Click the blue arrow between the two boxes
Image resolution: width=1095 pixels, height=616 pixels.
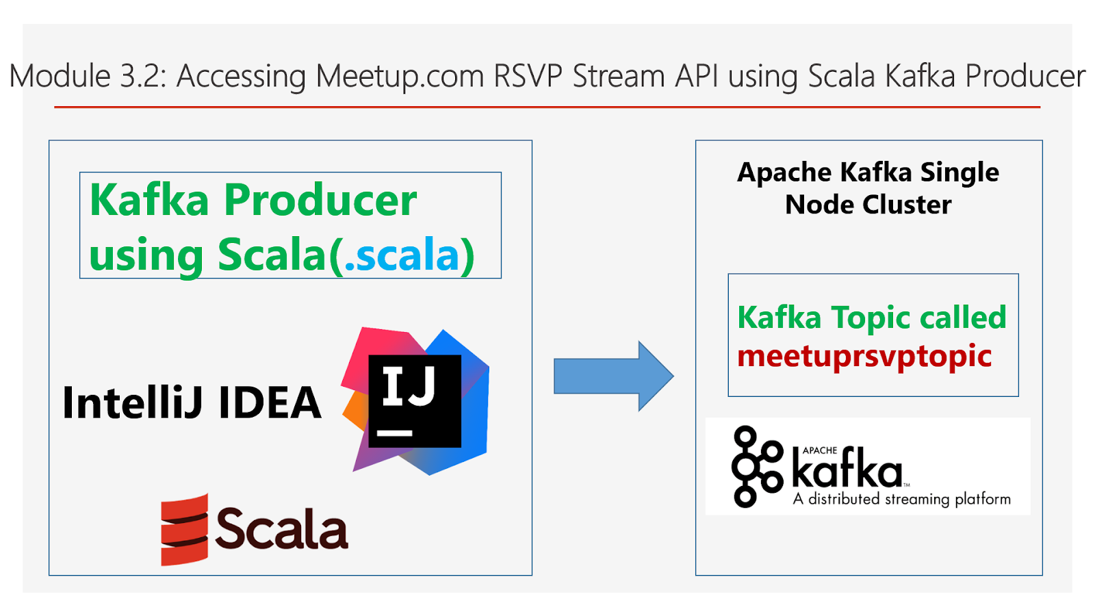[613, 376]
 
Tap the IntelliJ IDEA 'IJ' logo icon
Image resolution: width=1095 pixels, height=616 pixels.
[415, 401]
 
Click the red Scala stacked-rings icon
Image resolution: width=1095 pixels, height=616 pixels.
[184, 530]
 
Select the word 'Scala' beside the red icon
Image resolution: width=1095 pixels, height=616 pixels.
[281, 529]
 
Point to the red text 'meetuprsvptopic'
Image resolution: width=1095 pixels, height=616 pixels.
[864, 356]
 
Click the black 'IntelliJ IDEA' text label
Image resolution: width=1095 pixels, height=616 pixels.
[192, 402]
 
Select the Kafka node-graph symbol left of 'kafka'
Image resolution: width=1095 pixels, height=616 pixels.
[756, 466]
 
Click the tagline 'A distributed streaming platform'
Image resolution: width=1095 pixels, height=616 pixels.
[902, 499]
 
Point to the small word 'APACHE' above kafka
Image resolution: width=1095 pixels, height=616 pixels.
[820, 450]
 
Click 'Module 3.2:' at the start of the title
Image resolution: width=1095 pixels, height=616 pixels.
[88, 76]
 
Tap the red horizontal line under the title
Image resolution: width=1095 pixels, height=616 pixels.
[547, 107]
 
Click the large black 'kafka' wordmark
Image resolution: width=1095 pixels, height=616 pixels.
[847, 469]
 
